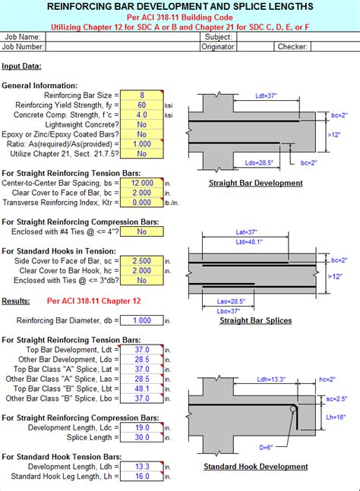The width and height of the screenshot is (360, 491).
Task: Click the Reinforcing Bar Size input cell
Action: tap(142, 95)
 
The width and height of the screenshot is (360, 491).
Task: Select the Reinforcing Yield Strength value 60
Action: tap(142, 105)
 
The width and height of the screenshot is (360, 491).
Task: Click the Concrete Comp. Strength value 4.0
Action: tap(142, 115)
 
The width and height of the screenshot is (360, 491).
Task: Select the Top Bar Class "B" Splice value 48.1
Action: tap(142, 388)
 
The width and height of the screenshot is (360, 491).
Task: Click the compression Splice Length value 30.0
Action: tap(142, 438)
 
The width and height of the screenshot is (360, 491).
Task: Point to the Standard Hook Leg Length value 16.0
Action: tap(142, 476)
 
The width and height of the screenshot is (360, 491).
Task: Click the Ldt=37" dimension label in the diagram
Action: tap(267, 96)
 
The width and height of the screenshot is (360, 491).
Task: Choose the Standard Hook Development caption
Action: tap(255, 466)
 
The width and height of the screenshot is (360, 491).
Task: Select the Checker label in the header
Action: tap(292, 46)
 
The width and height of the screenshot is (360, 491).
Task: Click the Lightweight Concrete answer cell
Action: tap(142, 124)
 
